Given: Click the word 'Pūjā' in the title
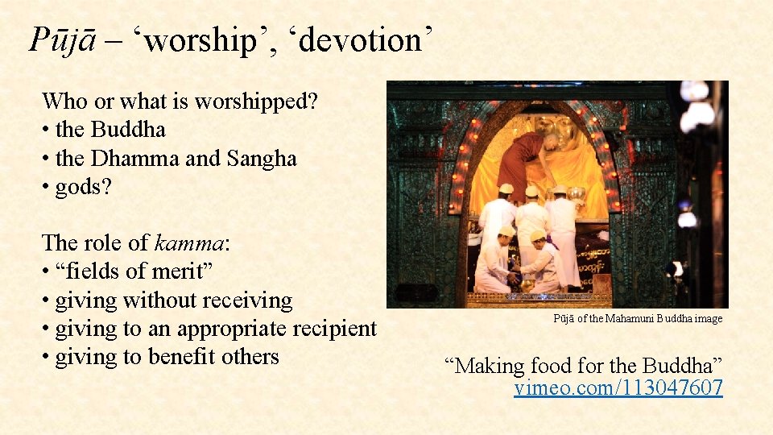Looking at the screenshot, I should (63, 39).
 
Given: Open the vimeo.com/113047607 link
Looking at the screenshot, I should (618, 388).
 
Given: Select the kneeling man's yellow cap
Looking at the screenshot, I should (537, 236).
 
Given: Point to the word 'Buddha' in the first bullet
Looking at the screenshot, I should (129, 130).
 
